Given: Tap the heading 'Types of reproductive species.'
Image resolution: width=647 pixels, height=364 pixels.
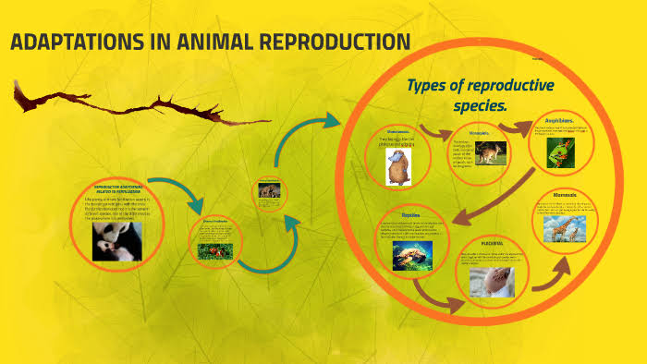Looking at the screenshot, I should (x=480, y=95).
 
